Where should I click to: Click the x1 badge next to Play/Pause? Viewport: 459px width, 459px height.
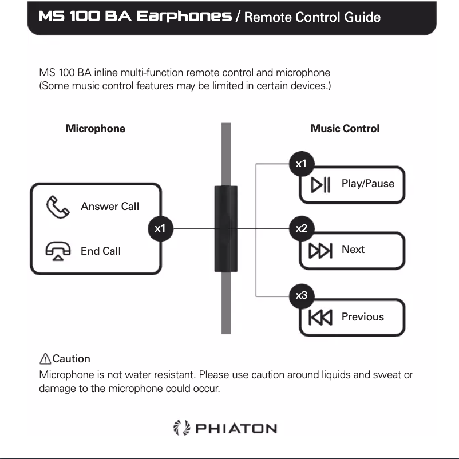pyautogui.click(x=301, y=164)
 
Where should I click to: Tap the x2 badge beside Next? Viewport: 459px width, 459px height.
pyautogui.click(x=301, y=228)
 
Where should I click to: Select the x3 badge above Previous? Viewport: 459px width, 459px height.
pyautogui.click(x=301, y=295)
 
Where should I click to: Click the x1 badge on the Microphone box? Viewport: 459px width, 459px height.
pyautogui.click(x=160, y=228)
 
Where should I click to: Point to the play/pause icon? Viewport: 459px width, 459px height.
pyautogui.click(x=320, y=185)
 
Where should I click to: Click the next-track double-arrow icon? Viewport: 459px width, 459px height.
pyautogui.click(x=320, y=251)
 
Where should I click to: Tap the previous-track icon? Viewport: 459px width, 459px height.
pyautogui.click(x=320, y=317)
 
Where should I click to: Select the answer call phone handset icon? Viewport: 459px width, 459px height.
pyautogui.click(x=57, y=207)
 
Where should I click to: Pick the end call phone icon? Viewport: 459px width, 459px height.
pyautogui.click(x=58, y=251)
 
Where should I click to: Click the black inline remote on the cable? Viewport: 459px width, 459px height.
pyautogui.click(x=225, y=228)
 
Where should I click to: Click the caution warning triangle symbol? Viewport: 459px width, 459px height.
pyautogui.click(x=45, y=359)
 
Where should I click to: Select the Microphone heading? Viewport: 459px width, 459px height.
pyautogui.click(x=96, y=129)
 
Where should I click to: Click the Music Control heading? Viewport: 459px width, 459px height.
pyautogui.click(x=345, y=129)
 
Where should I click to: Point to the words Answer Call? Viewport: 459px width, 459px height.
pyautogui.click(x=110, y=207)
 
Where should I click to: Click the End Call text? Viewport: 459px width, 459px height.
pyautogui.click(x=101, y=251)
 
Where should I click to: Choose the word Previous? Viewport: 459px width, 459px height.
pyautogui.click(x=363, y=316)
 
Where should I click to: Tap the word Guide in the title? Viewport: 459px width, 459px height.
pyautogui.click(x=362, y=17)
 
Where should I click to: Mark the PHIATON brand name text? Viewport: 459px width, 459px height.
pyautogui.click(x=236, y=429)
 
